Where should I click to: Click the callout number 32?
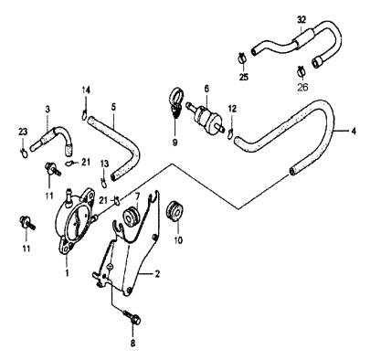pos(302,18)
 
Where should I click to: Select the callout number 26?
pos(302,89)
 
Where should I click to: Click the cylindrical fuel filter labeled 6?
pos(206,117)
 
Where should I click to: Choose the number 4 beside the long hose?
pos(352,130)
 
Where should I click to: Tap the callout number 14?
pos(86,90)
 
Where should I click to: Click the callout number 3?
pos(47,110)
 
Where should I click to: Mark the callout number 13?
pos(105,164)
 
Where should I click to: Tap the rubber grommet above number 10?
pos(170,217)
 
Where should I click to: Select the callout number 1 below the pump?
pos(66,272)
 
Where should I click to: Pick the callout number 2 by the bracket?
pos(157,273)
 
